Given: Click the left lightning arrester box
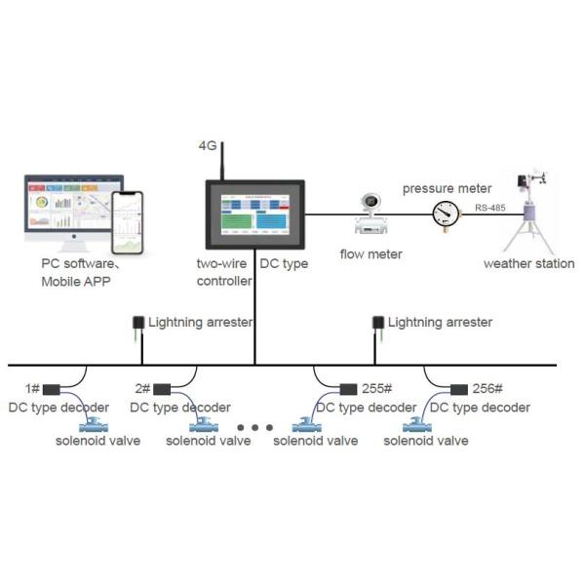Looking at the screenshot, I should [138, 323].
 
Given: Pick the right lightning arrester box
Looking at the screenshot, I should [379, 323].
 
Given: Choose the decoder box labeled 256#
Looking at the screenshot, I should [459, 388].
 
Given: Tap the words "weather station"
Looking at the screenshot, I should [529, 264].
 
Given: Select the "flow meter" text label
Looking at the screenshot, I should [370, 254].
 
